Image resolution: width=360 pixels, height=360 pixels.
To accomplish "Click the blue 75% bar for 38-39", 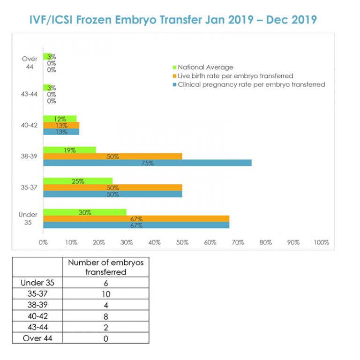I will click(x=147, y=163).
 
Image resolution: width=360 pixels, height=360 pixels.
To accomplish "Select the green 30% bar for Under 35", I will click(x=85, y=212).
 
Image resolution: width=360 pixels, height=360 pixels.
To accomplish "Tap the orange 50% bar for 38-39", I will click(x=112, y=156).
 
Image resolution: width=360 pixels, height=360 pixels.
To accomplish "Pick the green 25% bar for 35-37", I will click(x=78, y=181).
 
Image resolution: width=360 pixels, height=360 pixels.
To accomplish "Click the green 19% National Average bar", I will click(x=69, y=150).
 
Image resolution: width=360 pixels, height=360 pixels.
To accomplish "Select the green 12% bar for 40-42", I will click(x=60, y=119).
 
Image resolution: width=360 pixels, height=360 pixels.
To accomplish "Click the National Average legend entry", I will click(x=205, y=67).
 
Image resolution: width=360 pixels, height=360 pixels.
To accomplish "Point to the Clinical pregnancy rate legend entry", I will click(x=251, y=84).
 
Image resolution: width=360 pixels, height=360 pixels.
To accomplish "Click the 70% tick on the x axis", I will click(x=238, y=242).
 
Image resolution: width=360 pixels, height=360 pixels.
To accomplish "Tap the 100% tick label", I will click(x=321, y=242).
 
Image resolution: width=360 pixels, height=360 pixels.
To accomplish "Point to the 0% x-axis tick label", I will click(x=43, y=242).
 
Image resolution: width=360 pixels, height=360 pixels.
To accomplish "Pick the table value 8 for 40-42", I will click(x=105, y=316).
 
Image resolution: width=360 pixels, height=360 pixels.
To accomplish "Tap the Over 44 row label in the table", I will click(x=37, y=338).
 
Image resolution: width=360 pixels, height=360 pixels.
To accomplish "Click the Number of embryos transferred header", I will click(x=105, y=267).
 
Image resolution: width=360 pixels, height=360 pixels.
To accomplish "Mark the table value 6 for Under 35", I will click(x=105, y=283).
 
